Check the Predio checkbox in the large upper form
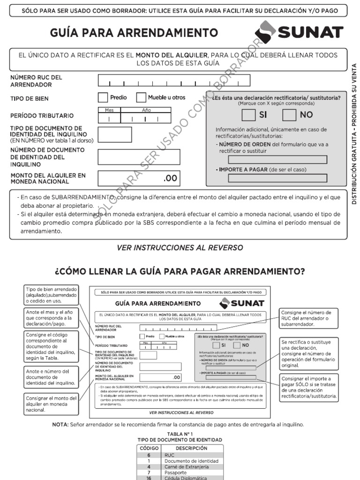[103, 97]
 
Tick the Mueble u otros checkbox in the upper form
[141, 97]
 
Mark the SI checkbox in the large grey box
[248, 115]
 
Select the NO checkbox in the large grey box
[289, 115]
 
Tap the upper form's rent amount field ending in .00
[138, 178]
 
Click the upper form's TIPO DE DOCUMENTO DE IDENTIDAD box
[114, 135]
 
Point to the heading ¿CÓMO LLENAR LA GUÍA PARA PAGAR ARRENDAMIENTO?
[180, 271]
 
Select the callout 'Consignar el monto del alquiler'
[51, 404]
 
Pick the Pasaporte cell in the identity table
[192, 473]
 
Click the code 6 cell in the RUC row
[149, 455]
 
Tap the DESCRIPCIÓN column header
[192, 448]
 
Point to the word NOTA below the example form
[60, 425]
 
